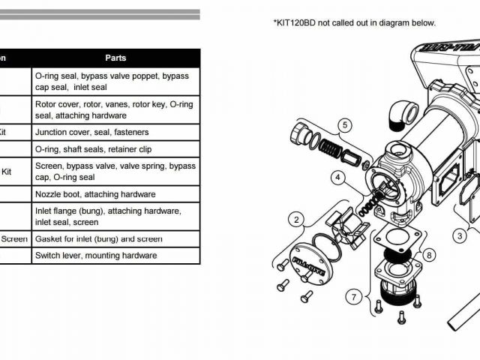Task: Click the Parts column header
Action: tap(115, 58)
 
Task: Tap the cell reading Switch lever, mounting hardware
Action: tap(95, 256)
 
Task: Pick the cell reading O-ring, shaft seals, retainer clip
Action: tap(93, 149)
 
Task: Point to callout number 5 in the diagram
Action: tap(344, 125)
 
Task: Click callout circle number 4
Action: tap(338, 178)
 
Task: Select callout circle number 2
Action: tap(298, 220)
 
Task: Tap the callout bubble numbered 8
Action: tap(428, 255)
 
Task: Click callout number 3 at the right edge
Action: tap(460, 235)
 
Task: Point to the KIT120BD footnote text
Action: tap(354, 22)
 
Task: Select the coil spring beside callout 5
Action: tap(328, 140)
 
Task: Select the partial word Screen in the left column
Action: tap(14, 239)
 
